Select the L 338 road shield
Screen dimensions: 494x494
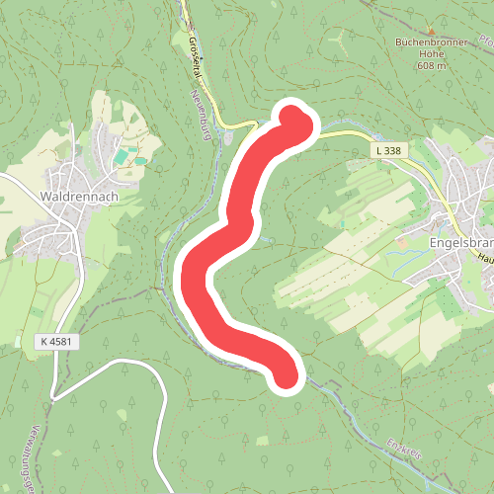[388, 150]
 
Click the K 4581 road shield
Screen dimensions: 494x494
[59, 342]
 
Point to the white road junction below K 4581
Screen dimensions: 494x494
[54, 395]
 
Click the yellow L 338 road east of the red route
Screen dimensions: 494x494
[346, 132]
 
